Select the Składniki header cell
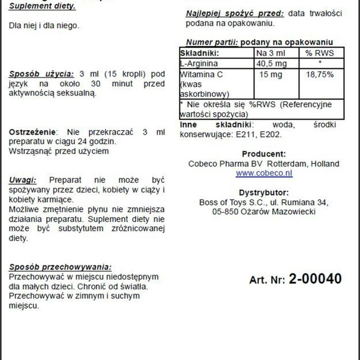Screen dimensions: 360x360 (x=199, y=53)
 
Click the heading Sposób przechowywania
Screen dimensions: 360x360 (x=60, y=266)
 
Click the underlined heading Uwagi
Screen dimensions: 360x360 (x=23, y=180)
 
